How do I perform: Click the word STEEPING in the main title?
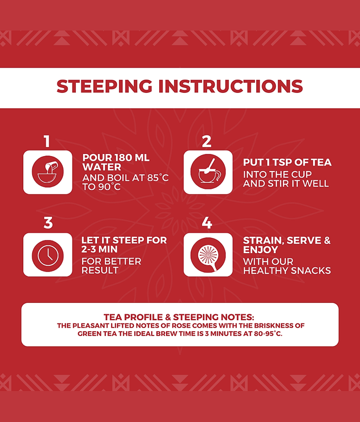(x=104, y=86)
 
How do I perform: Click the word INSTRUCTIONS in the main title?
(x=231, y=86)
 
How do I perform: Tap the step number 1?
(x=47, y=141)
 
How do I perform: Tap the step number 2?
(x=207, y=141)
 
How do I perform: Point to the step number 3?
(x=48, y=223)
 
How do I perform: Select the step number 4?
(x=207, y=223)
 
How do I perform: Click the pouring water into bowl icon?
(x=47, y=172)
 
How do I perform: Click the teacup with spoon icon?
(x=208, y=172)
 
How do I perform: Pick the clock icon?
(x=47, y=255)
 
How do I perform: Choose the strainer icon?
(x=208, y=255)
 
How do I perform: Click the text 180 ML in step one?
(x=132, y=158)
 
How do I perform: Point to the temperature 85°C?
(x=158, y=178)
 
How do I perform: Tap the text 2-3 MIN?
(x=100, y=249)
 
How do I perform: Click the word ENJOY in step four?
(x=260, y=250)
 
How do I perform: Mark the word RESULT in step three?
(x=100, y=270)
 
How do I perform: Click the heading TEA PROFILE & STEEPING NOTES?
(x=179, y=317)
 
